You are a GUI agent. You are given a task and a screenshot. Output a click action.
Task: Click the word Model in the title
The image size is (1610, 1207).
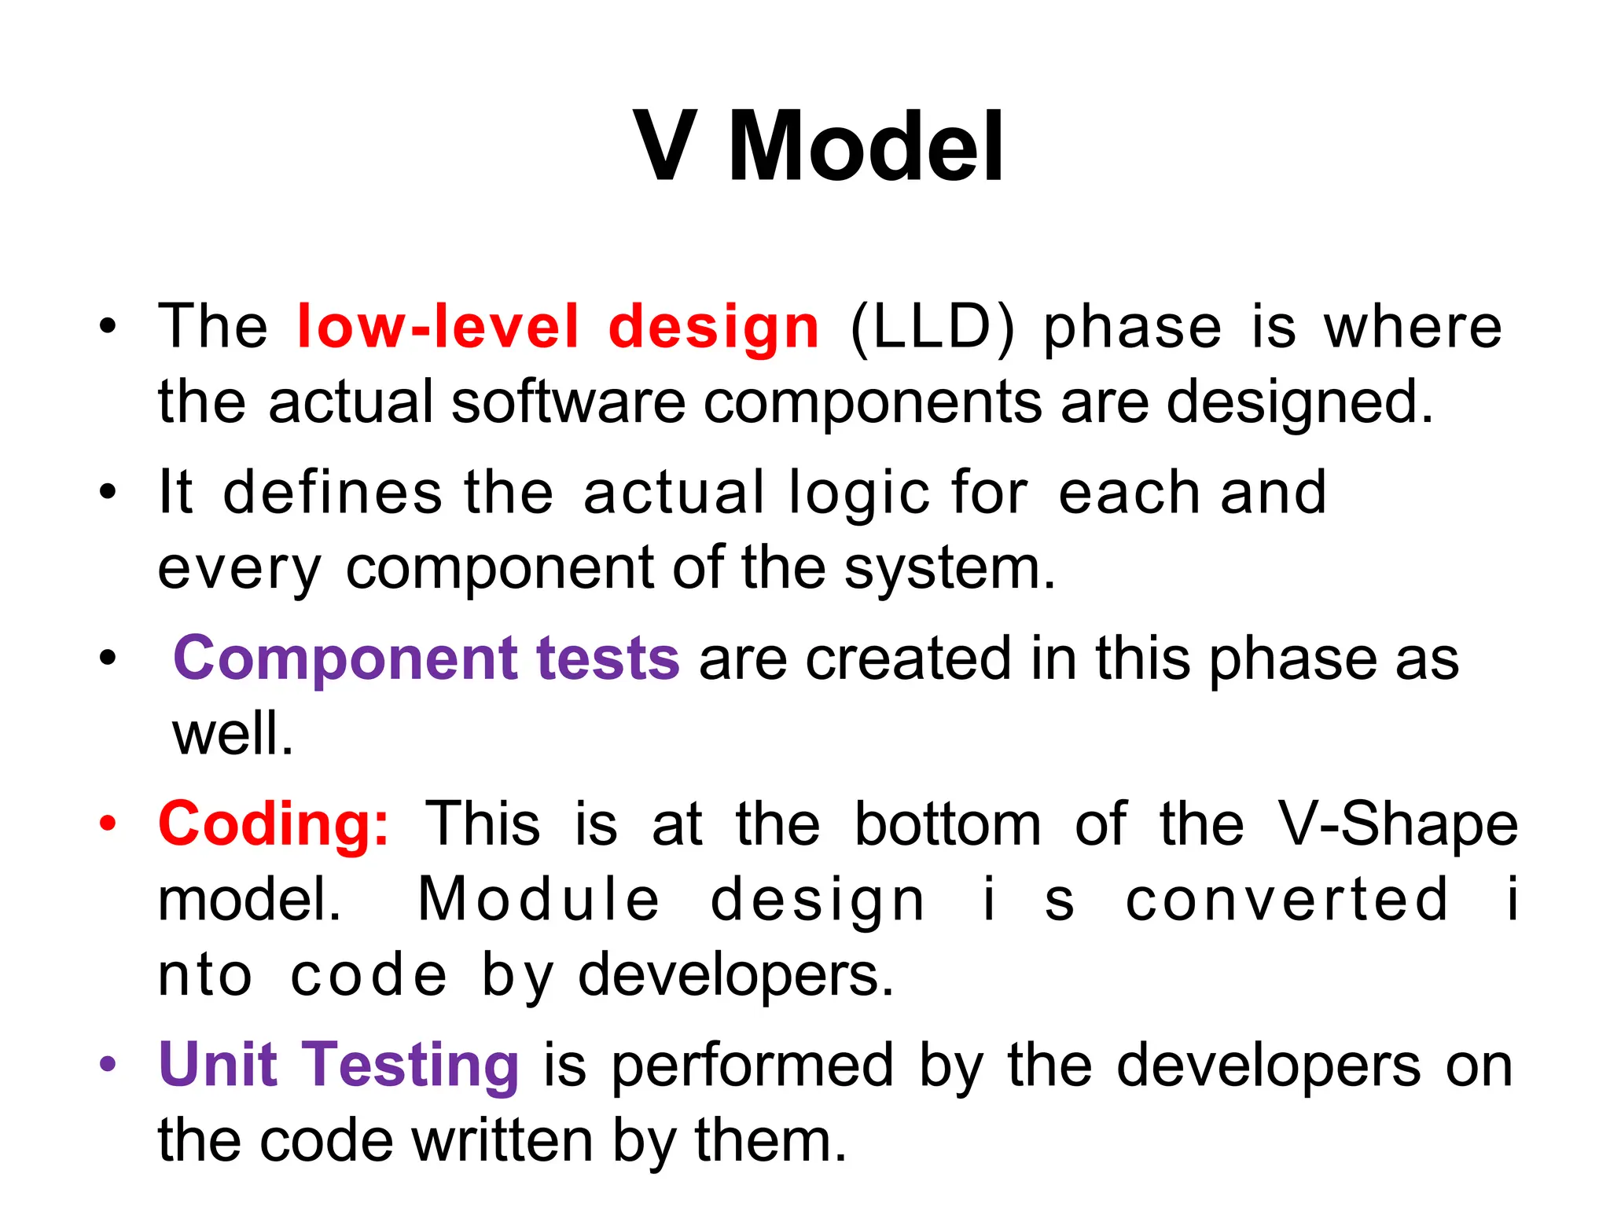[865, 147]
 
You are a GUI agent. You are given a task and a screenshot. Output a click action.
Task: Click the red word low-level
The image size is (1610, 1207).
[438, 326]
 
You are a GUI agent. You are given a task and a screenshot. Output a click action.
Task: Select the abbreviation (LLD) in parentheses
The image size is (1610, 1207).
[932, 328]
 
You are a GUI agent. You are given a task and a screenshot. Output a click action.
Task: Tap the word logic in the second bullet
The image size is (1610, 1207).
[860, 493]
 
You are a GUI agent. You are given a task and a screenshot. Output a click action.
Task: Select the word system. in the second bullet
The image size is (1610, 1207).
[950, 569]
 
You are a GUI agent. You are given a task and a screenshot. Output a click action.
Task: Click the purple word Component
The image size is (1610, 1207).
[345, 659]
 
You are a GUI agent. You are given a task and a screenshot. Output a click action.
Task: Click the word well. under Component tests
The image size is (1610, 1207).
[233, 734]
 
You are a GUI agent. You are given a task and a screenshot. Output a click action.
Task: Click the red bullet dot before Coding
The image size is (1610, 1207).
[108, 824]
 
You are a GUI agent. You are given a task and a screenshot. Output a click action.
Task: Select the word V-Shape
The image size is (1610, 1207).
[1397, 824]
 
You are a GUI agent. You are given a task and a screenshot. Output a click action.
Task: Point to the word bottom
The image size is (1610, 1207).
[947, 824]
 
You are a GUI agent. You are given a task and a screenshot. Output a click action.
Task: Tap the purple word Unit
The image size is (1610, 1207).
[218, 1066]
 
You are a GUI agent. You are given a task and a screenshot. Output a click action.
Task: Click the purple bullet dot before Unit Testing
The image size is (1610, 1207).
[108, 1065]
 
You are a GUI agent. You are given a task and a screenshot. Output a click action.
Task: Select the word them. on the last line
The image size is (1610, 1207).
[770, 1141]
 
